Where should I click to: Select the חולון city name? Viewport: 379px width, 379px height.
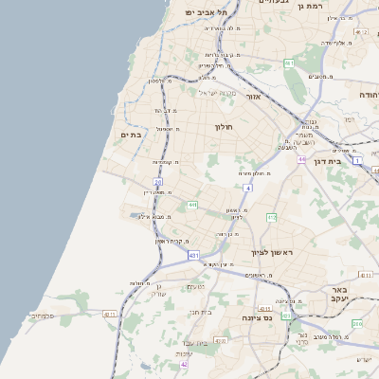tap(224, 127)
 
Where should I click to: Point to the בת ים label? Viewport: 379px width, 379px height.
tap(131, 135)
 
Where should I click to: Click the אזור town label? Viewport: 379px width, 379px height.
tap(253, 97)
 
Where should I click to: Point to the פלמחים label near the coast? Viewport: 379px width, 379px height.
tap(43, 316)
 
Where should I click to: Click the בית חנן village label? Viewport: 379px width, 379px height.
tap(199, 310)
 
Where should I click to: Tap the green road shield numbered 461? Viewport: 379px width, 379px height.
tap(289, 63)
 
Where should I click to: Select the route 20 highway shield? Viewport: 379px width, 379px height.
tap(158, 181)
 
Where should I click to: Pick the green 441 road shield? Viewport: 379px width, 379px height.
tap(192, 205)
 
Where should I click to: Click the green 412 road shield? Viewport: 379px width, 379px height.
tap(272, 218)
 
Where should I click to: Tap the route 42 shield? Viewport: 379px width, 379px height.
tap(184, 365)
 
